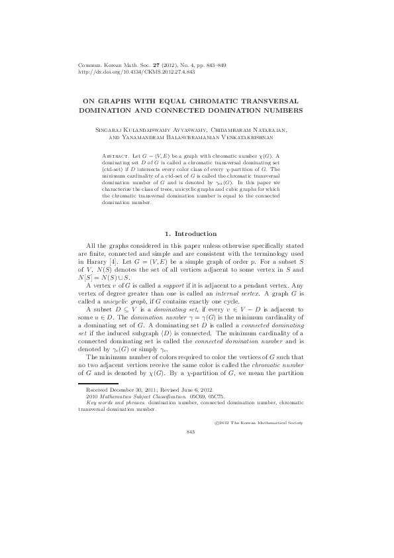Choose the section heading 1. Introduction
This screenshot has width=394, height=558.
tap(189, 233)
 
